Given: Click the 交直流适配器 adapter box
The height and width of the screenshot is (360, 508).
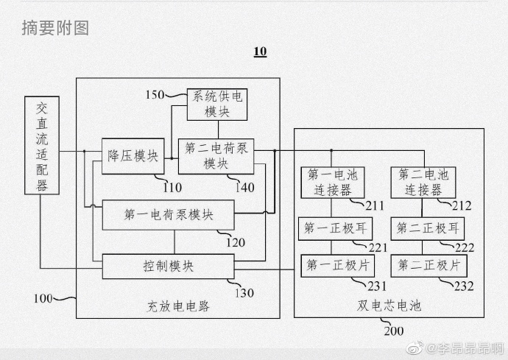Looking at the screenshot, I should click(x=42, y=146).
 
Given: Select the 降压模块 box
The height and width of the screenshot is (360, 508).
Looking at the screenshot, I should click(x=133, y=155).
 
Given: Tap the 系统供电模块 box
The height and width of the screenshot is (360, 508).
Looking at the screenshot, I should click(x=216, y=103).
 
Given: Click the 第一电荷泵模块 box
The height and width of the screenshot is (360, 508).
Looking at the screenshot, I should click(x=169, y=215).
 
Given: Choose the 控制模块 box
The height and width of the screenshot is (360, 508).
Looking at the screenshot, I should click(x=169, y=266).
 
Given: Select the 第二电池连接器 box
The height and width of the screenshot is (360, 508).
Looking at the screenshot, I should click(x=423, y=182).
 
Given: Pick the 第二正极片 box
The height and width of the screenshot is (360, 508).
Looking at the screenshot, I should click(x=423, y=265).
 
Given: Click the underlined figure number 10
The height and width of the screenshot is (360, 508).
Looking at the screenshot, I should click(x=260, y=52).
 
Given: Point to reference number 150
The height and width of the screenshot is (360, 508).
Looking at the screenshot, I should click(x=155, y=94).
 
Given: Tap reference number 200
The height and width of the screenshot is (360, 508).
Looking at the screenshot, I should click(x=393, y=331).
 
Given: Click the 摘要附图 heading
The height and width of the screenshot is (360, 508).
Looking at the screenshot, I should click(x=55, y=28).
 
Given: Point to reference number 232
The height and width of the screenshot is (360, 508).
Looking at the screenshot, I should click(x=464, y=286).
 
